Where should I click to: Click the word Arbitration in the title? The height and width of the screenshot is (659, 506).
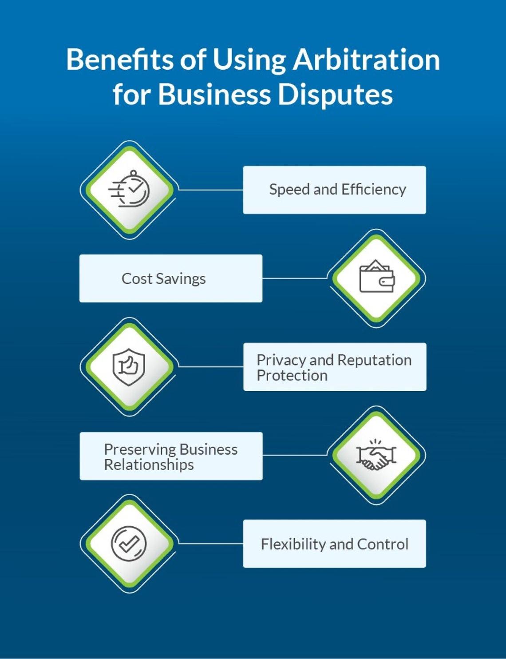pos(366,60)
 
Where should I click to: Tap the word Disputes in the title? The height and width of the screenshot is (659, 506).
pos(335,94)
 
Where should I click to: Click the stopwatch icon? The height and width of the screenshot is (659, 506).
pos(129,189)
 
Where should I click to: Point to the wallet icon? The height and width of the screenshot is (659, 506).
pos(376,278)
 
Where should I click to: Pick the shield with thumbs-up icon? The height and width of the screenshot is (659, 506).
pos(129,367)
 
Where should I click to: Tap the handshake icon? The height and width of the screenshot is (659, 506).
pos(376,455)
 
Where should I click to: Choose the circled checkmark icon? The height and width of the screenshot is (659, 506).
pos(129,543)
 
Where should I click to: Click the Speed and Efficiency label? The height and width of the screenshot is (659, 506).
pos(337,190)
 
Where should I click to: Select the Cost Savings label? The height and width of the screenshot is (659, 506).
pos(163,279)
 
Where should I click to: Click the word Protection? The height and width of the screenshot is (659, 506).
pos(292,376)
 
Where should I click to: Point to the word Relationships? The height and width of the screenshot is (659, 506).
pos(149,465)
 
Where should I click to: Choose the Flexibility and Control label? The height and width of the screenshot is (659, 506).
pos(334,544)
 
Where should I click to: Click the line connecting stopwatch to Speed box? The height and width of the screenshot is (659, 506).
pos(210,190)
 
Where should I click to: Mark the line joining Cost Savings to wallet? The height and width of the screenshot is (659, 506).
pos(295,278)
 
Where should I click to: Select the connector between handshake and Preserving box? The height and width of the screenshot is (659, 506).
pos(295,455)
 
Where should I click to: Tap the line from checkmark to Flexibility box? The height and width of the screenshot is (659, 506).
pos(210,543)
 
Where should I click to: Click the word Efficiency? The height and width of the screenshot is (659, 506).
pos(374,190)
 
